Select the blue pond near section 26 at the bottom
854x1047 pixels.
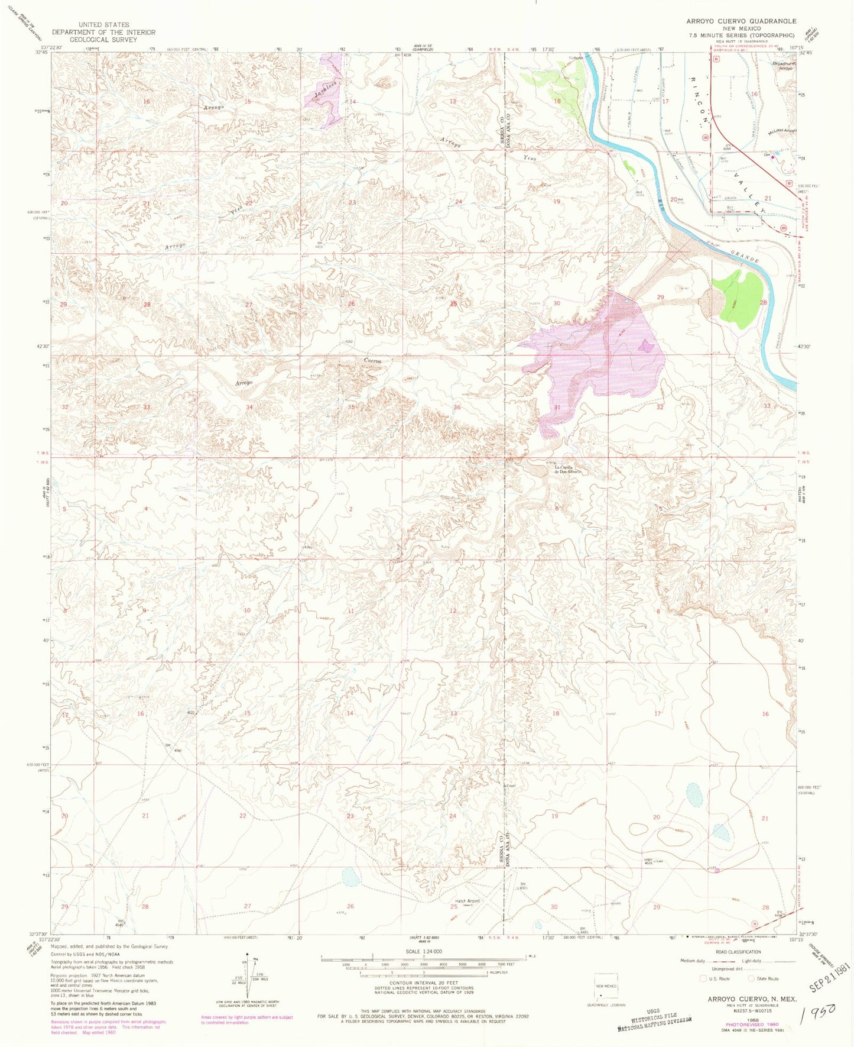(350, 877)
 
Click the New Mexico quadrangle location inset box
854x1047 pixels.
(605, 988)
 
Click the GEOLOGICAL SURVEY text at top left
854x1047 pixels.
(103, 40)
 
